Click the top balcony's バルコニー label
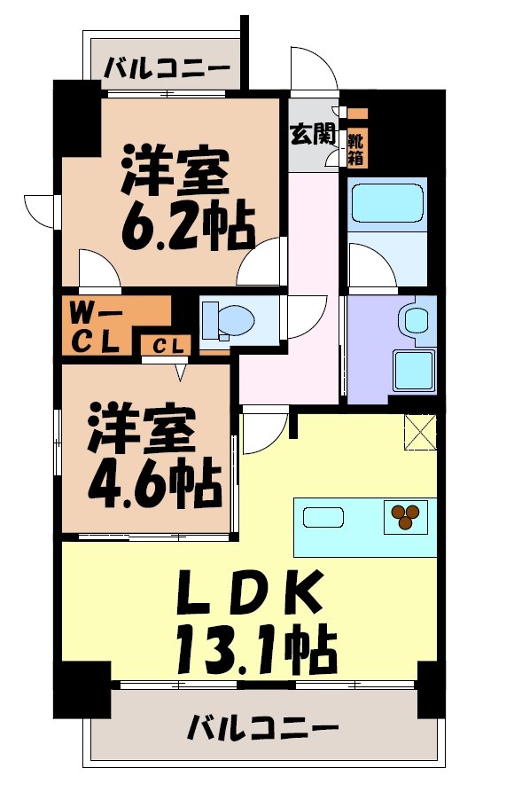point(167,67)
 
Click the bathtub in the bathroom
point(387,201)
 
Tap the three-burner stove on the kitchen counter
point(406,516)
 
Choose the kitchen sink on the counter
point(325,517)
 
